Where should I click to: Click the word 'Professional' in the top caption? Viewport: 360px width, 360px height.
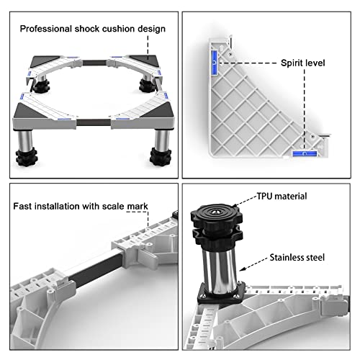click(x=46, y=29)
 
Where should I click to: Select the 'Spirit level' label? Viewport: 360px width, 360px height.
click(x=303, y=63)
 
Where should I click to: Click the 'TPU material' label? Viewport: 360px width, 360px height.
click(x=282, y=196)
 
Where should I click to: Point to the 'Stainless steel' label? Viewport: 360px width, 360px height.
click(x=297, y=257)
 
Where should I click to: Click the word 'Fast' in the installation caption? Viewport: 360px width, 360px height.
click(x=22, y=206)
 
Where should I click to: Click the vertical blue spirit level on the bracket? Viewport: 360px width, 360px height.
click(x=215, y=63)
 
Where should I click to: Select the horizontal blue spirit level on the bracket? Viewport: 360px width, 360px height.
click(x=305, y=153)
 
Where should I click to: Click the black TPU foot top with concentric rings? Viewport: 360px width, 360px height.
click(x=217, y=214)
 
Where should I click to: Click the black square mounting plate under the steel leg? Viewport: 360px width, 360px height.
click(x=221, y=293)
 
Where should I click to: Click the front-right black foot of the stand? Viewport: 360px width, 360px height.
click(x=161, y=156)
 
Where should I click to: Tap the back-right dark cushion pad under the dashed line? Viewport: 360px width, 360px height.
click(x=143, y=58)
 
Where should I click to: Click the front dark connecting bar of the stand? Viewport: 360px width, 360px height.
click(x=94, y=122)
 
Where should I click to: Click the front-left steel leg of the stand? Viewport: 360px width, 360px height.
click(x=24, y=140)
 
